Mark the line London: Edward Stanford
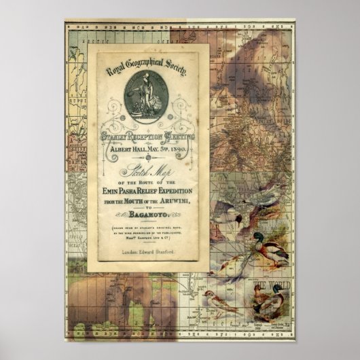[145, 252]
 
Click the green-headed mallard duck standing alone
[270, 246]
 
